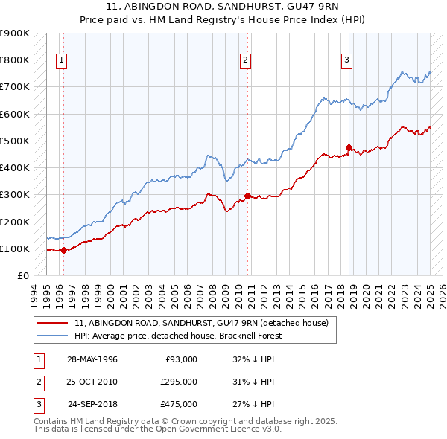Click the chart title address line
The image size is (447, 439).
pos(223,7)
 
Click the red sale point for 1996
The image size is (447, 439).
pos(64,250)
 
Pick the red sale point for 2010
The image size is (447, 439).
pos(248,196)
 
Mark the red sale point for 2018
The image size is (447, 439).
pos(349,147)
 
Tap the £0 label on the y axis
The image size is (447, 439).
pos(22,275)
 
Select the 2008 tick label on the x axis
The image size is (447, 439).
pos(213,292)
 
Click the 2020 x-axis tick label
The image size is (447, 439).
pos(367,292)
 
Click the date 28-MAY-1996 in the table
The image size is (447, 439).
pos(92,359)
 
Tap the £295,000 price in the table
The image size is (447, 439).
pos(179,382)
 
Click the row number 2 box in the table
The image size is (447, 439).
pos(38,382)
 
